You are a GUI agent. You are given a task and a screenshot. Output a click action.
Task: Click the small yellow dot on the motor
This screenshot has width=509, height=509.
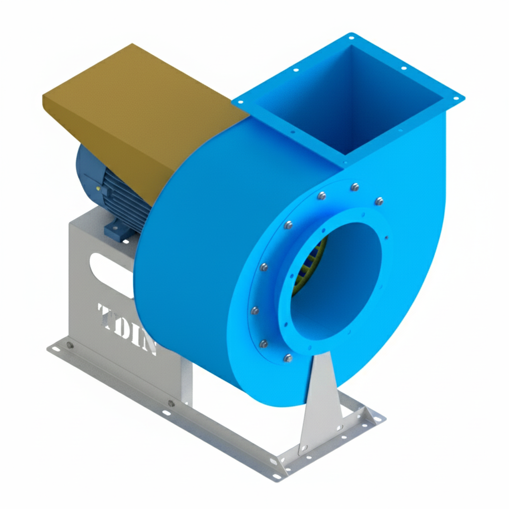pos(98,189)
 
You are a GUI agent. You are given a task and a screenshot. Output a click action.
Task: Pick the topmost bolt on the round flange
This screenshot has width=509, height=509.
pos(354,187)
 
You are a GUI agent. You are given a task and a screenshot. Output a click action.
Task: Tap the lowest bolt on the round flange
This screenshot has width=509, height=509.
pos(288,357)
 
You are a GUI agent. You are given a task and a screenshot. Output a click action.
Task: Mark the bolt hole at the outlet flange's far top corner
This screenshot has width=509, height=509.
pos(351,37)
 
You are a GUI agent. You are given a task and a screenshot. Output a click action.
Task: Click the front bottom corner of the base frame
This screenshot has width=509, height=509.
pos(276,477)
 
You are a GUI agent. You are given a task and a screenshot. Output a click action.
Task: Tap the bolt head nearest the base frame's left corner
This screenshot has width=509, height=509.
pos(70,345)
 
